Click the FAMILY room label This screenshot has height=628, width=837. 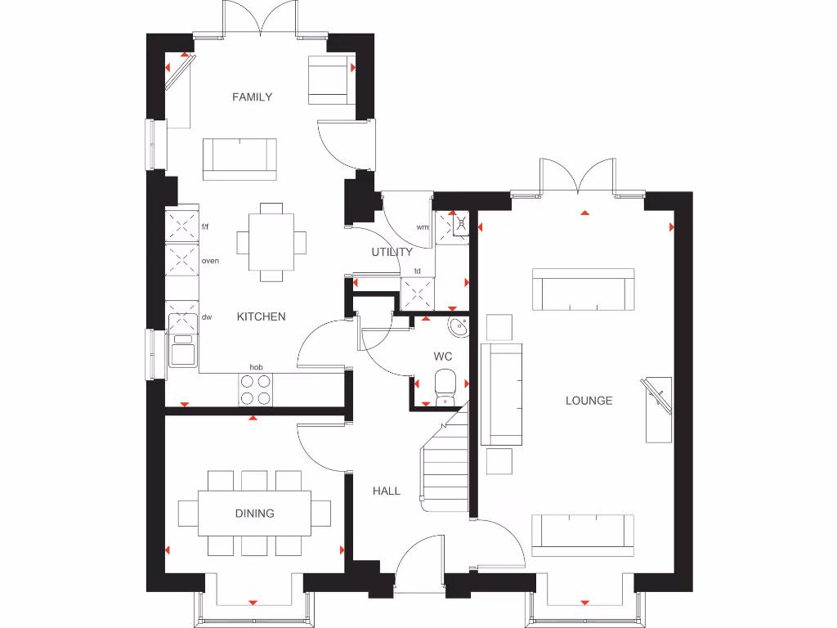pyautogui.click(x=252, y=97)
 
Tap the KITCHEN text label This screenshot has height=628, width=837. pyautogui.click(x=262, y=316)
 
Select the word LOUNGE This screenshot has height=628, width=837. pyautogui.click(x=589, y=401)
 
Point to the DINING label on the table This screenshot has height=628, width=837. pyautogui.click(x=255, y=514)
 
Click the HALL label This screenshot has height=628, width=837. pyautogui.click(x=387, y=491)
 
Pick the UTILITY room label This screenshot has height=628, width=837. pyautogui.click(x=392, y=252)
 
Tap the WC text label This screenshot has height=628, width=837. pyautogui.click(x=443, y=357)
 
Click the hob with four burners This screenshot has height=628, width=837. pyautogui.click(x=256, y=390)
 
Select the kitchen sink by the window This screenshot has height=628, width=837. pyautogui.click(x=182, y=350)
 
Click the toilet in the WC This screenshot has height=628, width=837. pyautogui.click(x=445, y=387)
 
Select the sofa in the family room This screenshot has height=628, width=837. pyautogui.click(x=239, y=158)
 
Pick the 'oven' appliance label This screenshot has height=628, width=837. pyautogui.click(x=210, y=261)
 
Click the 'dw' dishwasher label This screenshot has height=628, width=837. pyautogui.click(x=207, y=316)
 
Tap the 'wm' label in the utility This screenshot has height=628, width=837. pyautogui.click(x=423, y=227)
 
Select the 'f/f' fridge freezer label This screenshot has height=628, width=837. pyautogui.click(x=205, y=227)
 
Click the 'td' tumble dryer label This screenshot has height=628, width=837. pyautogui.click(x=417, y=271)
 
